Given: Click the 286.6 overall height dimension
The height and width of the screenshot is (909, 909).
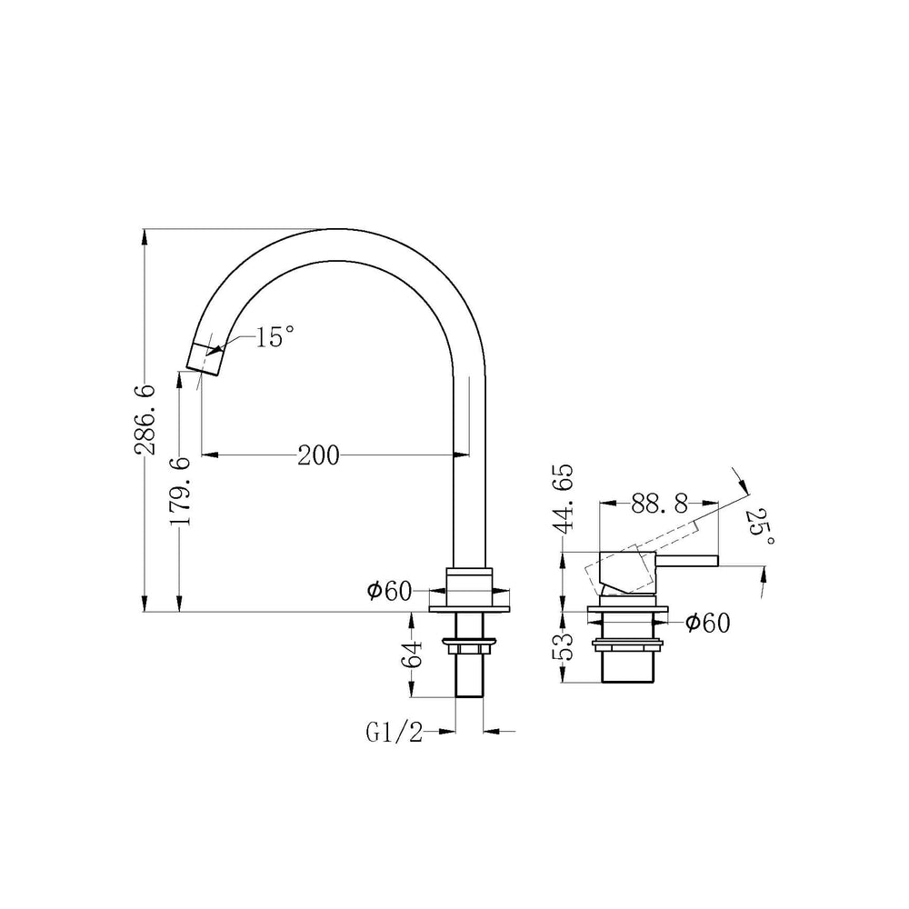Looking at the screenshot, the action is [x=145, y=418].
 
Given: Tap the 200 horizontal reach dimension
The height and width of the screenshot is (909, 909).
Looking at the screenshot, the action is [x=318, y=455].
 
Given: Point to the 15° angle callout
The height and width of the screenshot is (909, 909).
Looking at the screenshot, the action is [x=275, y=337].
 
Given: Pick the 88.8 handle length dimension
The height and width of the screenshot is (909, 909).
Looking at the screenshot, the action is [x=659, y=504].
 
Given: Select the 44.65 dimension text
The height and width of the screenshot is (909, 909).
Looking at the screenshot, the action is [x=563, y=497].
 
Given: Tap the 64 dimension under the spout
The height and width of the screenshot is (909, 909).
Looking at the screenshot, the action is [x=413, y=654].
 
